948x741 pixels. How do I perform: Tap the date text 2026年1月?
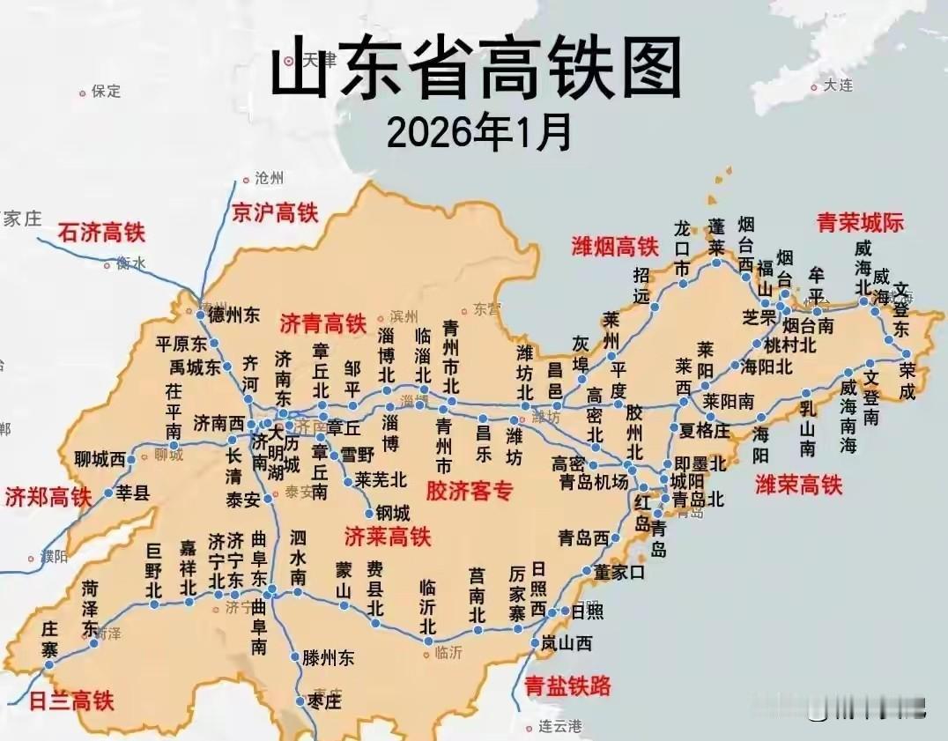(x=479, y=133)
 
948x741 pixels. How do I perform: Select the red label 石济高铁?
(x=101, y=233)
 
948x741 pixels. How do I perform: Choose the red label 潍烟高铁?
(x=615, y=246)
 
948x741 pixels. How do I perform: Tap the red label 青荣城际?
(x=860, y=222)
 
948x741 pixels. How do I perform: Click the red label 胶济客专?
(x=469, y=491)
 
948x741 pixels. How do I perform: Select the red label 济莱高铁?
(x=388, y=535)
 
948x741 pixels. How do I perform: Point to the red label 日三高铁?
(x=71, y=701)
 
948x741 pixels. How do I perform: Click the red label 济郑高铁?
(x=48, y=496)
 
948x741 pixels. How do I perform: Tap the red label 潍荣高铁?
(x=799, y=484)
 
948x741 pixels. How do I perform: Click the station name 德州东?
(x=234, y=315)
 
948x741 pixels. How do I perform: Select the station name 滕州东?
(x=329, y=657)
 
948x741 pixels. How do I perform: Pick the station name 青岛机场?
(x=594, y=482)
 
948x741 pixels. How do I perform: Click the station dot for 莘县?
(x=109, y=493)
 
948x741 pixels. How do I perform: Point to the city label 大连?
(x=839, y=85)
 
